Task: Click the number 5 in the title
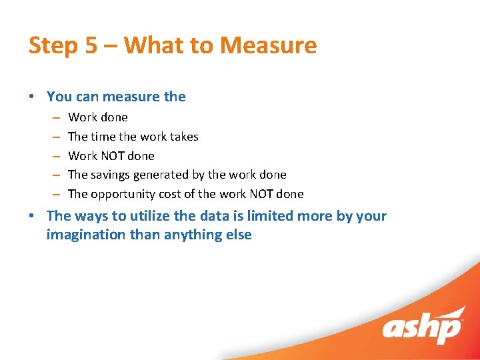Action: coord(90,45)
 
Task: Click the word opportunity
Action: coord(124,194)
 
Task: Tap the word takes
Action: coord(183,137)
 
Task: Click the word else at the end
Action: coord(238,235)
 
